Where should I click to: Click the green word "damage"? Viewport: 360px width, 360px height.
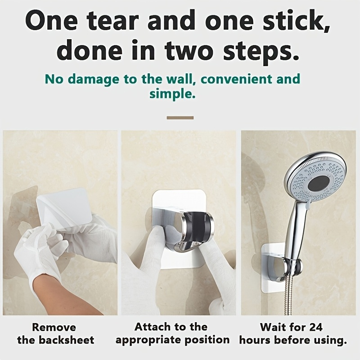[x=94, y=80]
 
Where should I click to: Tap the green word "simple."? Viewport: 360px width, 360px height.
[x=172, y=94]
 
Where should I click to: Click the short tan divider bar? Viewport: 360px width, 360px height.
[x=180, y=118]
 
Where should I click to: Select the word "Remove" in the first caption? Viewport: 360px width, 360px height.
[x=54, y=328]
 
